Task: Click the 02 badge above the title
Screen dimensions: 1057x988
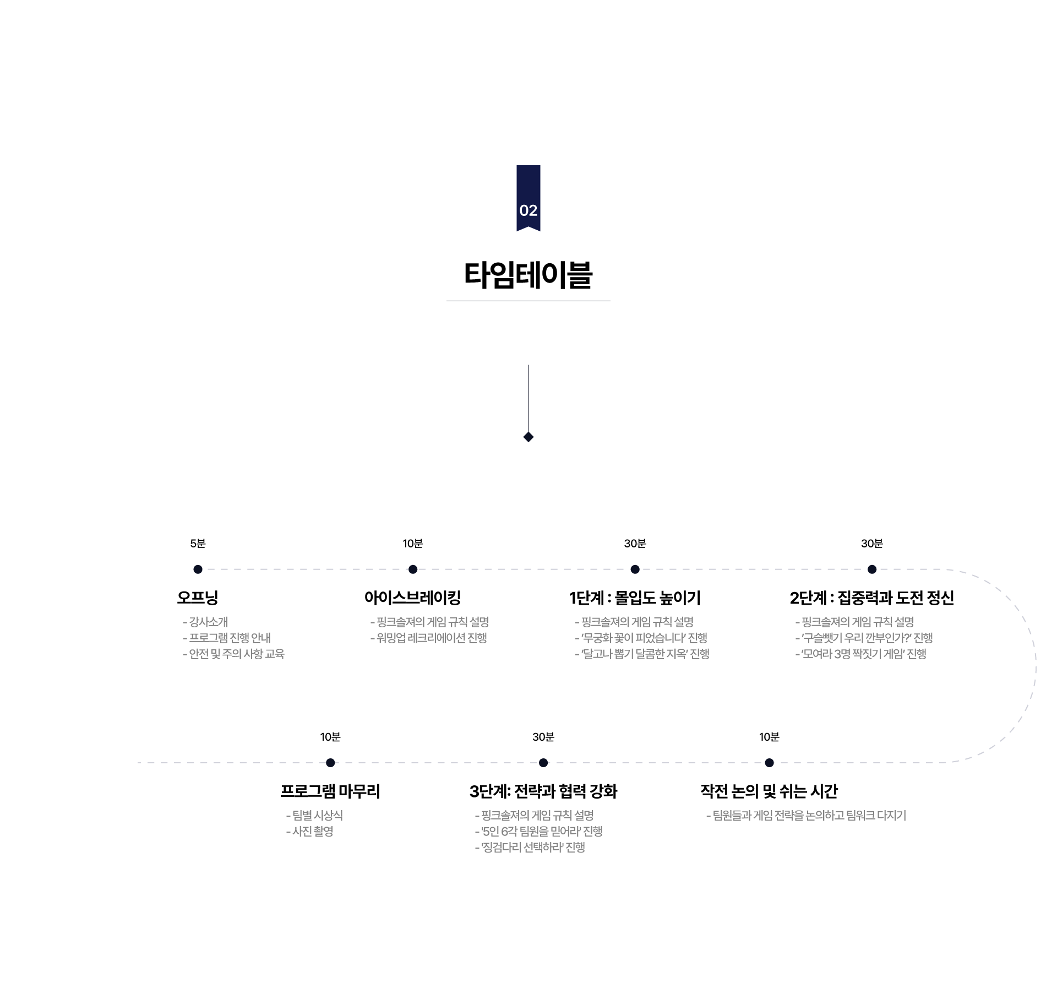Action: (x=528, y=199)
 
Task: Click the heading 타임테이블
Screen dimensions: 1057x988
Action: (x=528, y=275)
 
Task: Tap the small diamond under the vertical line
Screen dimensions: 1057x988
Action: (x=528, y=437)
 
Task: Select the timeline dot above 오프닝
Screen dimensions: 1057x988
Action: (x=198, y=569)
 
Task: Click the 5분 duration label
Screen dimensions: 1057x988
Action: (x=198, y=544)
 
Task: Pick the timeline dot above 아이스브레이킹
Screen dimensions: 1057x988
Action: (x=413, y=569)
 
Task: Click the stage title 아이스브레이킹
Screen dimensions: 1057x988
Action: (x=412, y=598)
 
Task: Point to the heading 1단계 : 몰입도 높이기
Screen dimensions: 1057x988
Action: (x=635, y=598)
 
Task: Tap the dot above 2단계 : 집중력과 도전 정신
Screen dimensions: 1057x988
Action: (x=871, y=569)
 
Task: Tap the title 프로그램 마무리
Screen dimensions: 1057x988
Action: (x=330, y=791)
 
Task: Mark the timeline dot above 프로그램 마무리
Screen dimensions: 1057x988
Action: (x=330, y=763)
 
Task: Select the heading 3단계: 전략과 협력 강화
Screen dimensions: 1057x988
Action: (x=543, y=791)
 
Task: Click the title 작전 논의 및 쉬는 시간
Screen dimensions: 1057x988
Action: (x=769, y=791)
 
